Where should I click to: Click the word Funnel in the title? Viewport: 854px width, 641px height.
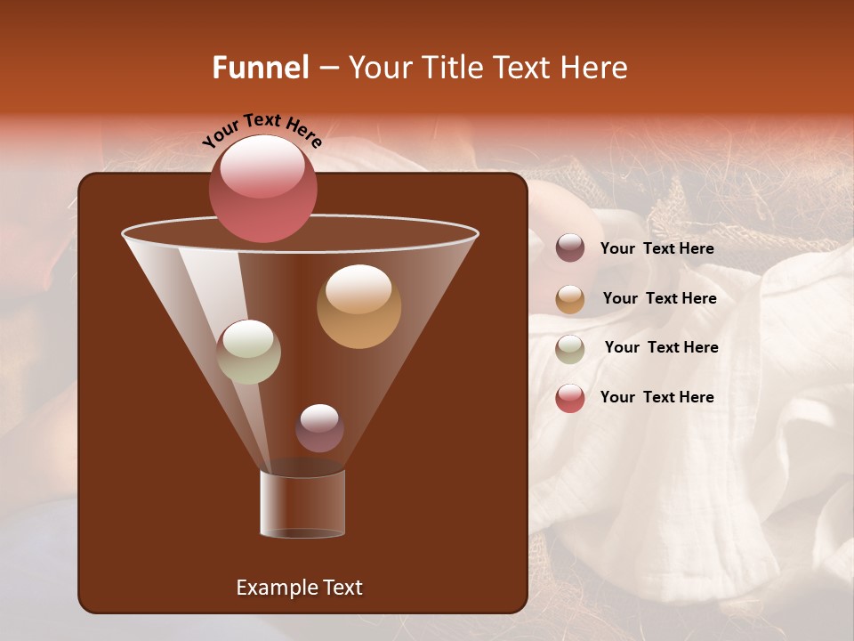pyautogui.click(x=260, y=68)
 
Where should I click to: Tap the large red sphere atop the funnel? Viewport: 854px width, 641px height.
pyautogui.click(x=262, y=188)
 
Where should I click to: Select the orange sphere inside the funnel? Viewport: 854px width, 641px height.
pyautogui.click(x=359, y=306)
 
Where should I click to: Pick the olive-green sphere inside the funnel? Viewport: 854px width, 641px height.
pyautogui.click(x=249, y=352)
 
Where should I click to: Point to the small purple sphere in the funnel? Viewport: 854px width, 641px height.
pyautogui.click(x=319, y=428)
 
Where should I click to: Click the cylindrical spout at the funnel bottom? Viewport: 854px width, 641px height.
pyautogui.click(x=302, y=504)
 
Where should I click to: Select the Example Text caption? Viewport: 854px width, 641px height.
pyautogui.click(x=299, y=588)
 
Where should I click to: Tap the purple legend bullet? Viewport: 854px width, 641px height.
pyautogui.click(x=570, y=248)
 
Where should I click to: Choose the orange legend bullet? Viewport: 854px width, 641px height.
pyautogui.click(x=570, y=299)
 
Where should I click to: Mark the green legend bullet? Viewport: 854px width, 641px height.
pyautogui.click(x=570, y=349)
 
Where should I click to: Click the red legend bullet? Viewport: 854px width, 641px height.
pyautogui.click(x=570, y=398)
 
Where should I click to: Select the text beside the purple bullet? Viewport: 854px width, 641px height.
pyautogui.click(x=657, y=249)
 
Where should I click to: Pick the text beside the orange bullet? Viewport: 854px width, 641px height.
pyautogui.click(x=659, y=299)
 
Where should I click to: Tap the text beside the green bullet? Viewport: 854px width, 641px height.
pyautogui.click(x=661, y=348)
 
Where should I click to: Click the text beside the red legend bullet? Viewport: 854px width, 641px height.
pyautogui.click(x=657, y=398)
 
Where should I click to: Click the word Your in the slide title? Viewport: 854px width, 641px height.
pyautogui.click(x=379, y=68)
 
